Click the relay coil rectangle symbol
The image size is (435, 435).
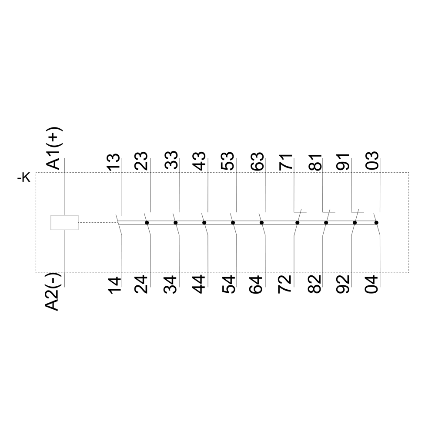click(64, 222)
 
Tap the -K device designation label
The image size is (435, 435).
click(24, 178)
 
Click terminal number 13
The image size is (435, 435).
click(114, 162)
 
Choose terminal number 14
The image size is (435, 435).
click(114, 285)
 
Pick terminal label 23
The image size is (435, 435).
click(141, 161)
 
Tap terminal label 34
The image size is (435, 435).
click(171, 284)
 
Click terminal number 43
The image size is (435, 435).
click(200, 161)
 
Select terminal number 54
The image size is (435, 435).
click(228, 284)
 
